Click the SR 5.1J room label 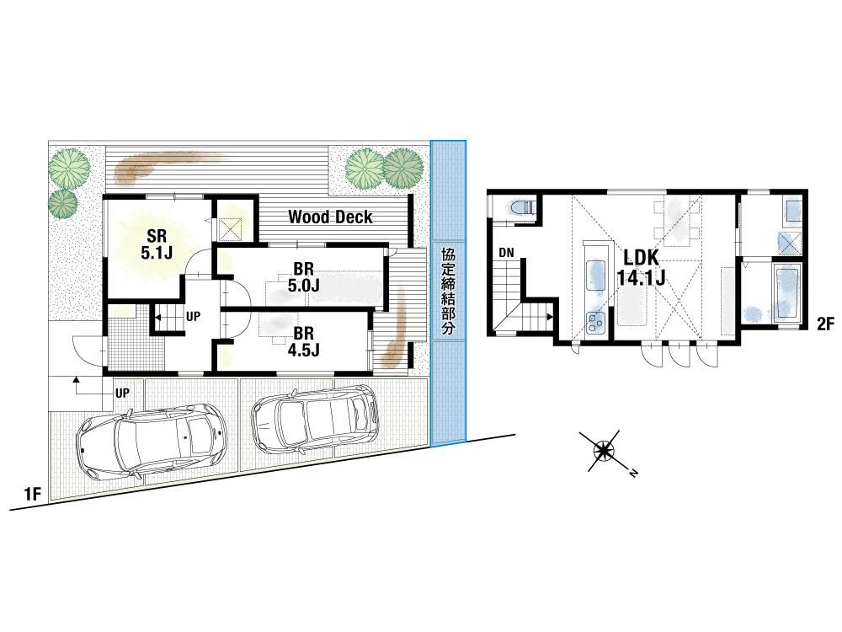[x=157, y=244]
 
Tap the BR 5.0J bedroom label [x=303, y=276]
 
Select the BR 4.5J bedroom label [x=303, y=342]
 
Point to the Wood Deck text [x=330, y=217]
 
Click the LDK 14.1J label [x=641, y=267]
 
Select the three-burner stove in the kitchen [x=596, y=323]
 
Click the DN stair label [x=506, y=253]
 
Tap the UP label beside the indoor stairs [x=193, y=317]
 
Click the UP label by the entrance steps [x=122, y=393]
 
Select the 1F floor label [x=33, y=493]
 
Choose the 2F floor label [x=825, y=324]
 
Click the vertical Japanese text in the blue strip [x=447, y=292]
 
